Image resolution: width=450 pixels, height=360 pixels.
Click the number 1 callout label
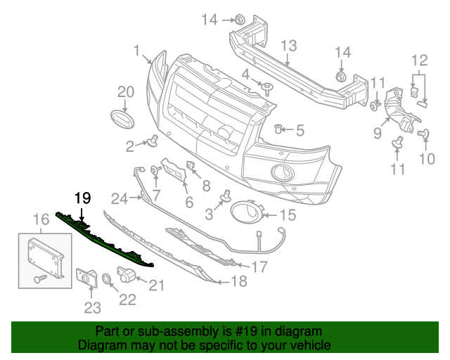(x=138, y=50)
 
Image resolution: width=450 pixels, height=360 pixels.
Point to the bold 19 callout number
(x=83, y=198)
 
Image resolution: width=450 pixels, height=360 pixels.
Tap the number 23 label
(x=92, y=307)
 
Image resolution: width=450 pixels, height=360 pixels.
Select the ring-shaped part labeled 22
(x=109, y=281)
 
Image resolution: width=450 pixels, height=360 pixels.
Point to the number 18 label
(x=239, y=283)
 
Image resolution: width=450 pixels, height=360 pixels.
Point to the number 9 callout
(x=377, y=131)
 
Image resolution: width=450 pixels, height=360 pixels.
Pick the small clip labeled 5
(x=280, y=129)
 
